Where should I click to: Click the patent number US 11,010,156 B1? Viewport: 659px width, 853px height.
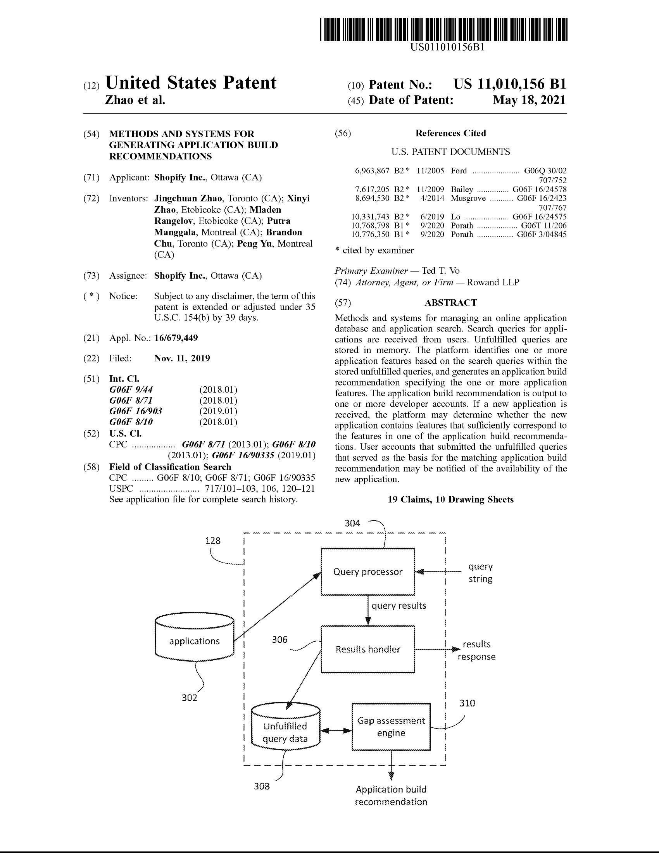point(509,85)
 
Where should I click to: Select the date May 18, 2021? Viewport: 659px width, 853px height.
point(529,100)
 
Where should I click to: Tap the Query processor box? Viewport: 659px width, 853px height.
point(367,572)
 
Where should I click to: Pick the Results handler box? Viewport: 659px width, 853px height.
point(367,649)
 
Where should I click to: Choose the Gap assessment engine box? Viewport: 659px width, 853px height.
point(391,727)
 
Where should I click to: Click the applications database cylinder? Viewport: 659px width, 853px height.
point(195,641)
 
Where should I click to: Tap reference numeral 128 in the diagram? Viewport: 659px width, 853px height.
point(213,540)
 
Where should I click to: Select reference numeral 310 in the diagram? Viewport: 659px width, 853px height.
point(467,703)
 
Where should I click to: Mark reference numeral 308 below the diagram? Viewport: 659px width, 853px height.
point(262,787)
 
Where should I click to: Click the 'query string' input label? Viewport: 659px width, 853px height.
point(480,573)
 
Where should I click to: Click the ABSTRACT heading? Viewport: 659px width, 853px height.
point(450,303)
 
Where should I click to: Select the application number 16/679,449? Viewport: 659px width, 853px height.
point(176,338)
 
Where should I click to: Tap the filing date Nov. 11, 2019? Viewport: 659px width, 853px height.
point(182,358)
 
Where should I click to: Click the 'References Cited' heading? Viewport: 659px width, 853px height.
point(450,133)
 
